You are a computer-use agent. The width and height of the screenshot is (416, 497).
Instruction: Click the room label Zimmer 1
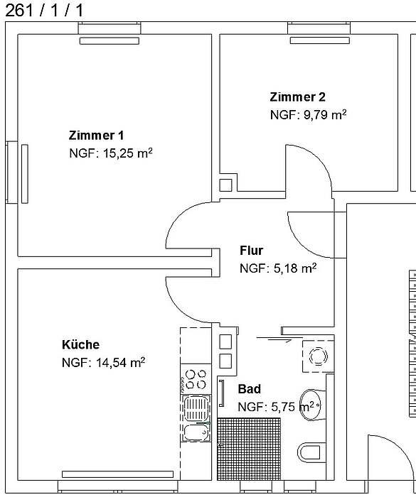point(96,135)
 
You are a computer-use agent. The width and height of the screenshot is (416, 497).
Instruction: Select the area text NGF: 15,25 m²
point(111,153)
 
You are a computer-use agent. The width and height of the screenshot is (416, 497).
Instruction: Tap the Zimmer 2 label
point(298,97)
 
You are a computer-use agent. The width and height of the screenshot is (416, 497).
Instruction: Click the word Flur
point(251,251)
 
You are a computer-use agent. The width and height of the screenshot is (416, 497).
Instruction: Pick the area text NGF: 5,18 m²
point(277,268)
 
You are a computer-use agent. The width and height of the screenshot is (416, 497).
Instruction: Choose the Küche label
point(80,344)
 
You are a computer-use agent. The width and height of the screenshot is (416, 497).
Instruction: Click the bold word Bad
point(249,389)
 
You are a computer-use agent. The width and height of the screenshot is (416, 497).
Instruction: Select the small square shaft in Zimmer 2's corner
point(225,185)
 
